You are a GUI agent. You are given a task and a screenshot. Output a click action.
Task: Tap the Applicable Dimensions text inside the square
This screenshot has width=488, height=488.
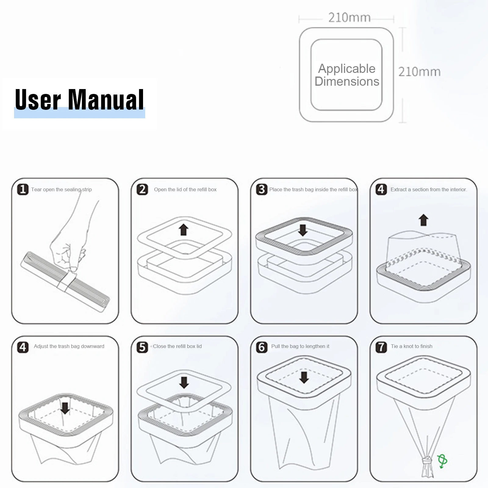[347, 75]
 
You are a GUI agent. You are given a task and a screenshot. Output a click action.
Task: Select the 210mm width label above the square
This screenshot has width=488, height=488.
[349, 18]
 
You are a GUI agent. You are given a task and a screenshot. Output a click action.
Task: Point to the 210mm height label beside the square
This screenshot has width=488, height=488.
[419, 72]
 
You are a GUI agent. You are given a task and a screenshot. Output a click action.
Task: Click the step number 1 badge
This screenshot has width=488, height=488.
[23, 189]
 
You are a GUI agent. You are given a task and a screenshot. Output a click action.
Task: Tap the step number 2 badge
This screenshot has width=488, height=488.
[142, 189]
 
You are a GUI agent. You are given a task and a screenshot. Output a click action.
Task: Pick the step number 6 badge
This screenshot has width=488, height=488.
[262, 347]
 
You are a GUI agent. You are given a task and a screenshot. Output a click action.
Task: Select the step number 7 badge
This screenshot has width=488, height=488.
[381, 347]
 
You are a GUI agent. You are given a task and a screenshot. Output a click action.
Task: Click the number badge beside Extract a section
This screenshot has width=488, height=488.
[381, 189]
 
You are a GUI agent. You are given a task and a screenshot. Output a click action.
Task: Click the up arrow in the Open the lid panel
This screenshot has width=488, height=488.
[183, 229]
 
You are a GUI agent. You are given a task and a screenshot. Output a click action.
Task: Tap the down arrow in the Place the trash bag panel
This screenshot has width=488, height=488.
[303, 230]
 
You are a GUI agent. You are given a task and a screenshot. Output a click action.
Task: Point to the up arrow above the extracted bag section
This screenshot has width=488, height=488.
[423, 220]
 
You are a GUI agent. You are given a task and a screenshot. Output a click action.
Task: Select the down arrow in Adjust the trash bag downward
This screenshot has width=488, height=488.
[65, 408]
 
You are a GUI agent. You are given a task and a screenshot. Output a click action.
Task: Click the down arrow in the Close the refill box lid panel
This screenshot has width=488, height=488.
[184, 382]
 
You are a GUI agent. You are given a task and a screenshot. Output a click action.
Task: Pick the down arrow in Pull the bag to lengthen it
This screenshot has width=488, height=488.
[304, 377]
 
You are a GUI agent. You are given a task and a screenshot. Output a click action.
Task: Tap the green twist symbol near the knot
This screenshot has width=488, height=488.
[442, 461]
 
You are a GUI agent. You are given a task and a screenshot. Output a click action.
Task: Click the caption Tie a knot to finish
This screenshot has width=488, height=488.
[411, 346]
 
